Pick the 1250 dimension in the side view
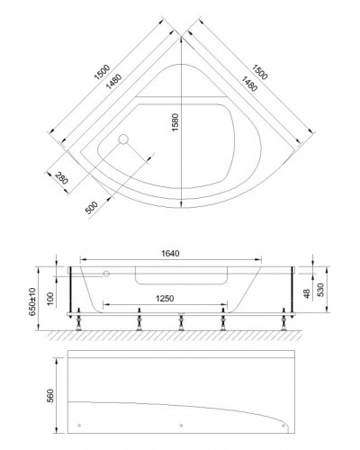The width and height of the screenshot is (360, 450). [x=162, y=298]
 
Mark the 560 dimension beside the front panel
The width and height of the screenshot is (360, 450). [x=51, y=395]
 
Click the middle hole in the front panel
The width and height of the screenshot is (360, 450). [x=183, y=426]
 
